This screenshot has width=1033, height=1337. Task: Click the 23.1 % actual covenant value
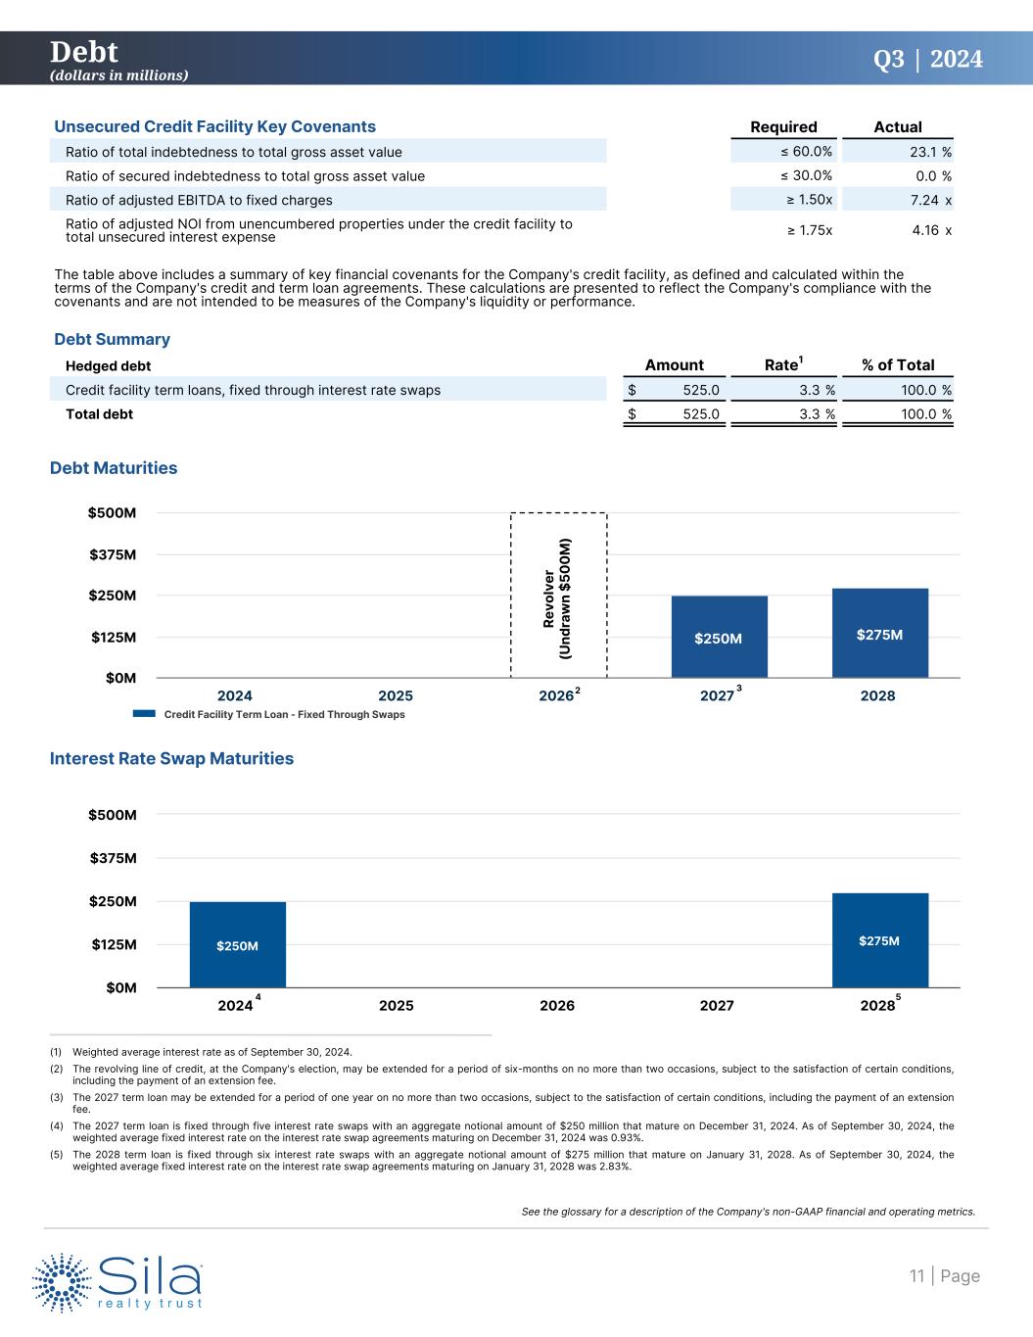[x=924, y=152]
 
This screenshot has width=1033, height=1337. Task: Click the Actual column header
[x=897, y=127]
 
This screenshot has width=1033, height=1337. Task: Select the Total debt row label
[x=99, y=414]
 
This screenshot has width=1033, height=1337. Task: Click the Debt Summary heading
[x=112, y=339]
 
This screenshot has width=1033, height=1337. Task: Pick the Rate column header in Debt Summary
[x=781, y=364]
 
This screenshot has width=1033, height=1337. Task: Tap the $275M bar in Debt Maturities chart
[x=879, y=633]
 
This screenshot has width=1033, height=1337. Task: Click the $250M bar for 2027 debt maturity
[x=719, y=637]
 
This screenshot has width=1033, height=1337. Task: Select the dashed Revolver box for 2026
[x=558, y=595]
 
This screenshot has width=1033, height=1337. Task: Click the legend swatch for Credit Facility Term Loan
[x=144, y=715]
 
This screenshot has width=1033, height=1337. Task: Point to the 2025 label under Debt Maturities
[x=396, y=696]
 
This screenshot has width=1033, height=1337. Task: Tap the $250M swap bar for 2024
[x=237, y=944]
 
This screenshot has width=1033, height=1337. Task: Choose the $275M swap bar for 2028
[x=879, y=939]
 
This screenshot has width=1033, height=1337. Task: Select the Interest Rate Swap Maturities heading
[x=171, y=758]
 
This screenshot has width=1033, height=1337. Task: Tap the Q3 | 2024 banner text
[x=927, y=60]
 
